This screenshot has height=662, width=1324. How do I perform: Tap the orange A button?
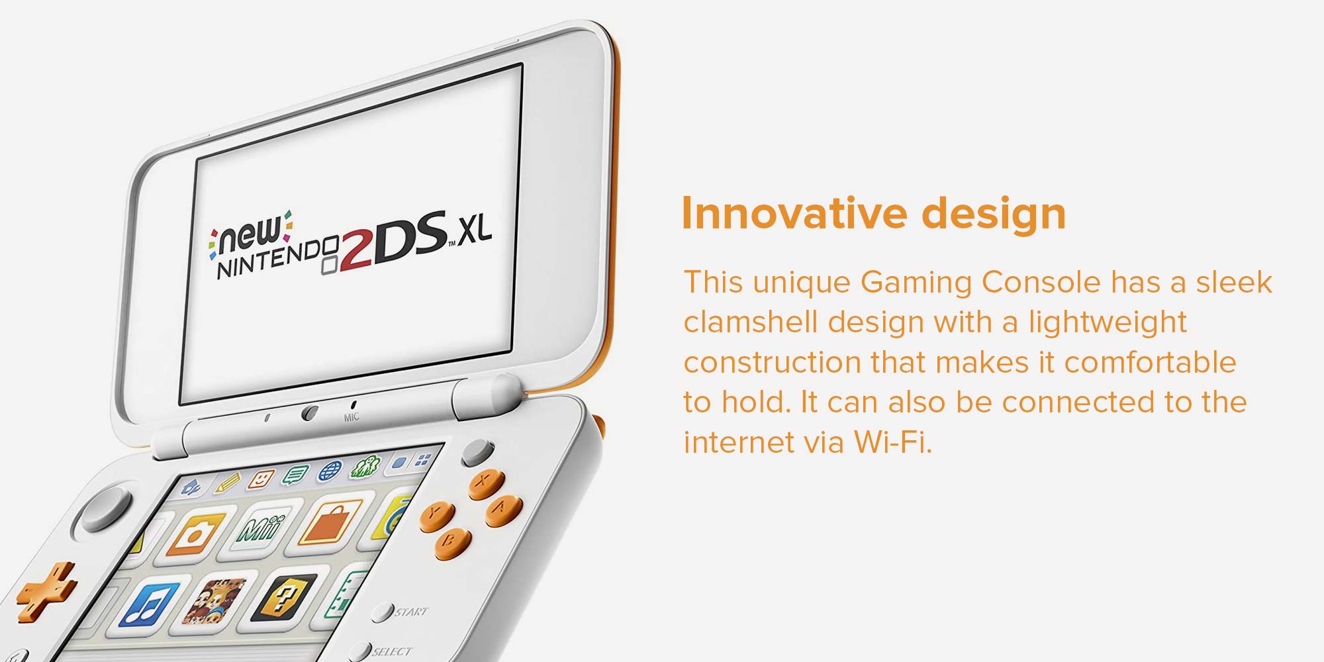(504, 510)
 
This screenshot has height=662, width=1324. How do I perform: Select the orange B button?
(453, 544)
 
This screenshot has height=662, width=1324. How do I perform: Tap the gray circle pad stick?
(106, 506)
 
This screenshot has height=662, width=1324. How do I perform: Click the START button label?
(411, 612)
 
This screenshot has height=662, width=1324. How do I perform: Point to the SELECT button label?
(391, 652)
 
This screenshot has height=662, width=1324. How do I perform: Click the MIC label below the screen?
(352, 417)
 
